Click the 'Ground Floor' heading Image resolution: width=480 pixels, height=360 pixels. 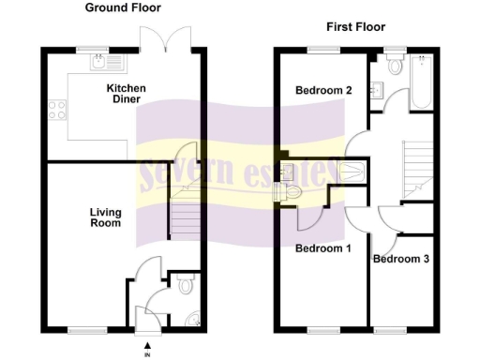123,7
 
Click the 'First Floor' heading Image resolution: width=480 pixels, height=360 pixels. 355,27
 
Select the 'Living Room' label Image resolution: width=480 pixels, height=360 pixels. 106,218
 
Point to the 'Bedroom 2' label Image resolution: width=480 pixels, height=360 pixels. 323,91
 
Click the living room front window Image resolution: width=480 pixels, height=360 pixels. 85,329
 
